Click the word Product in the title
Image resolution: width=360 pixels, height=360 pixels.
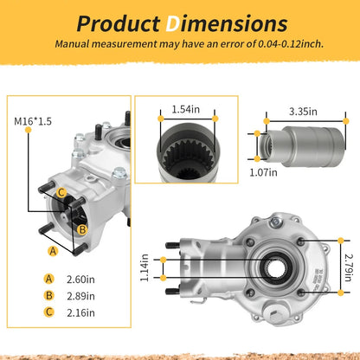tap(119, 23)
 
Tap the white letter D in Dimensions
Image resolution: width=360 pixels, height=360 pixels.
tap(172, 23)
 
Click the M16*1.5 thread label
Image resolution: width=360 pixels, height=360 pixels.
tap(33, 121)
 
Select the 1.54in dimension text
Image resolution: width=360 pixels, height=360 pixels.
tap(186, 110)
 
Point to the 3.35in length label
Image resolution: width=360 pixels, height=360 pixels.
tap(303, 112)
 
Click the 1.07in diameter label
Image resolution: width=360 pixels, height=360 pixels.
tap(263, 172)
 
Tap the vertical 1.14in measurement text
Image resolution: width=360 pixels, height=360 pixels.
tap(145, 267)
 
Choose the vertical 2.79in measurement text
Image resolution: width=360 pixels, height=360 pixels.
tap(349, 267)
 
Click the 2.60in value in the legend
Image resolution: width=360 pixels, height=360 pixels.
tap(80, 280)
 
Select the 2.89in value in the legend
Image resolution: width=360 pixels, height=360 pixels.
tap(80, 296)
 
